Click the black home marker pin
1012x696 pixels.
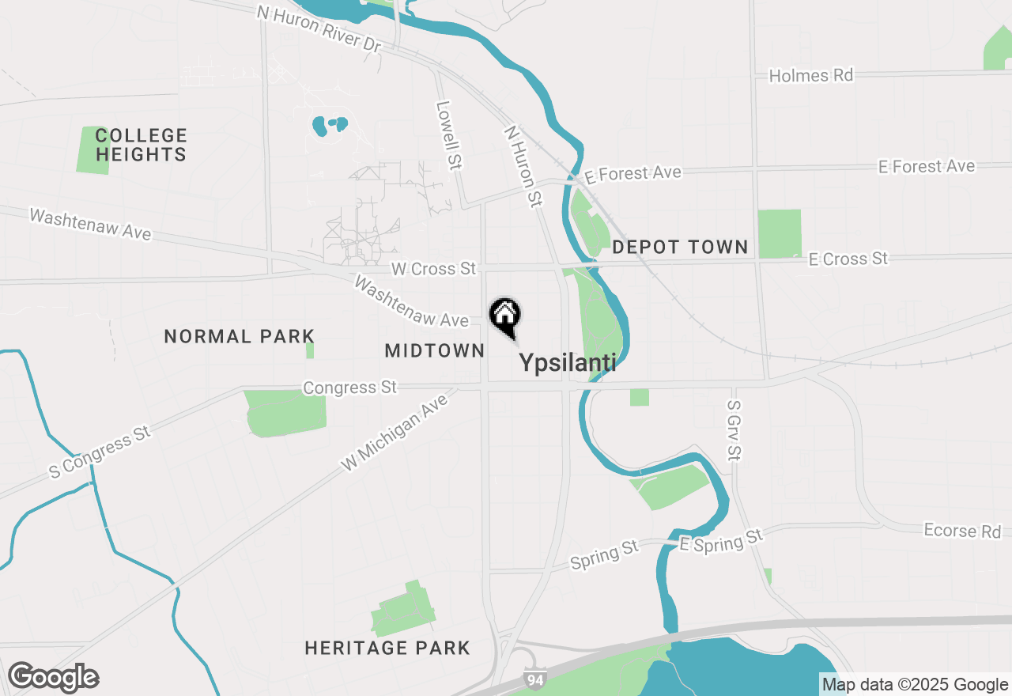505,316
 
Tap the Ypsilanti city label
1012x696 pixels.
567,363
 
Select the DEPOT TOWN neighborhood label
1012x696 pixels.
680,247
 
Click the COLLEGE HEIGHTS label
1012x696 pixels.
142,145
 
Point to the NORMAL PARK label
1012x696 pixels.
240,337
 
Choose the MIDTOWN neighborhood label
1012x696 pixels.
435,350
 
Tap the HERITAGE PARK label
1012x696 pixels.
387,649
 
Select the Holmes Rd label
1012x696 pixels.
811,76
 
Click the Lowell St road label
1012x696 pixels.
448,135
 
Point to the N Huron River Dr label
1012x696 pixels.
319,28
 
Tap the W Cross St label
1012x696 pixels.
434,269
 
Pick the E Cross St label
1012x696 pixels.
848,259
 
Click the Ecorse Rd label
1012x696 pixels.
962,531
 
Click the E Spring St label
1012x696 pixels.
721,540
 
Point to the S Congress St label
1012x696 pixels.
100,453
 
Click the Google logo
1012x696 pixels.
54,678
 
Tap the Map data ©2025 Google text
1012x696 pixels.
915,685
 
